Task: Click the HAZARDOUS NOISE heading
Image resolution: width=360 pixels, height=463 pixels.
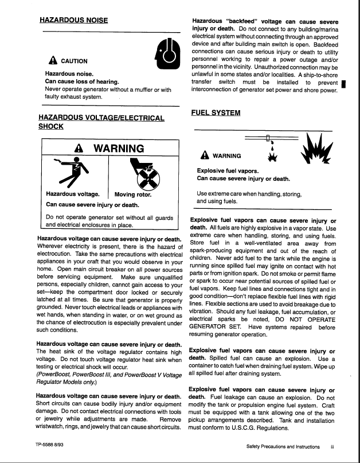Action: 74,20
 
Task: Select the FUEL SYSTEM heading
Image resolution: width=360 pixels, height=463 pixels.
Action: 216,113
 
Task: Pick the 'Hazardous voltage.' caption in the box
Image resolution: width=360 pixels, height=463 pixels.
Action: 73,194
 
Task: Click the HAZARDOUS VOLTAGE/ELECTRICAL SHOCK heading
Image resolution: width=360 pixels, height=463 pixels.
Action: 101,122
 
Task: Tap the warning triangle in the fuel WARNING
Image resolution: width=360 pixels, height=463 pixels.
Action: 205,155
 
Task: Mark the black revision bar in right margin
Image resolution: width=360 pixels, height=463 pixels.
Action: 342,86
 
